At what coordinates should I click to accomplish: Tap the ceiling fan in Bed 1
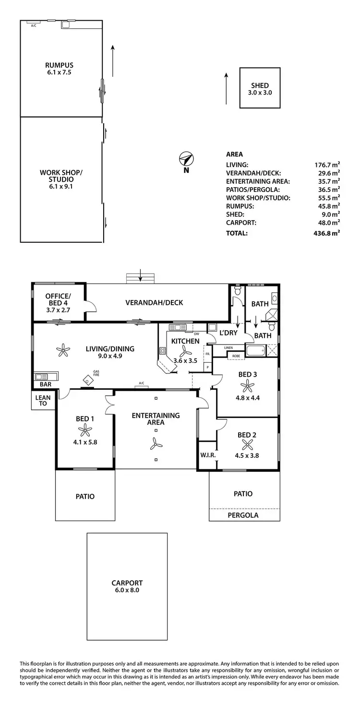(85, 430)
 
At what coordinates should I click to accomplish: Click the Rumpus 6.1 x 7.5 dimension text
(60, 72)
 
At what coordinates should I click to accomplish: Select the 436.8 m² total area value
(327, 233)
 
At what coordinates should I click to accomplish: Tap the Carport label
(127, 583)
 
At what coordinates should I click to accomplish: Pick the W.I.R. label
(207, 455)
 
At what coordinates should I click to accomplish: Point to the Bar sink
(46, 376)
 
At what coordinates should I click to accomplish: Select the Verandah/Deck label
(154, 303)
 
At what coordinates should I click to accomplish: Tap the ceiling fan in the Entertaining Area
(156, 445)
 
